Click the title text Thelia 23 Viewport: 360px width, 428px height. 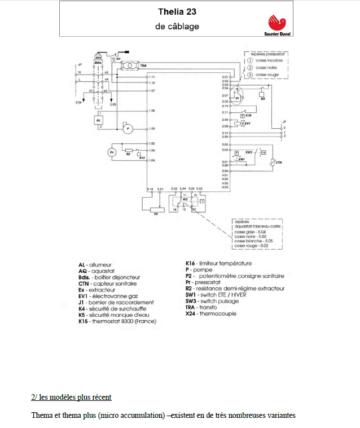click(177, 11)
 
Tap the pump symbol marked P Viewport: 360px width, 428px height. click(128, 129)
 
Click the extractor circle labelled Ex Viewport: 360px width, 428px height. click(112, 151)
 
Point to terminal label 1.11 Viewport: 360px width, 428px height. click(151, 76)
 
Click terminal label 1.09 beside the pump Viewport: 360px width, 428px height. click(151, 129)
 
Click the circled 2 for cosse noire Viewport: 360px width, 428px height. click(250, 67)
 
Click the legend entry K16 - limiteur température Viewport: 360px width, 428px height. click(219, 263)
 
